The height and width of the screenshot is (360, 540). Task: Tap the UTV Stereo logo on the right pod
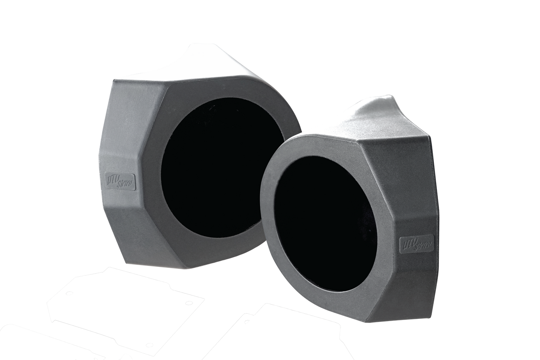pos(417,243)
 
